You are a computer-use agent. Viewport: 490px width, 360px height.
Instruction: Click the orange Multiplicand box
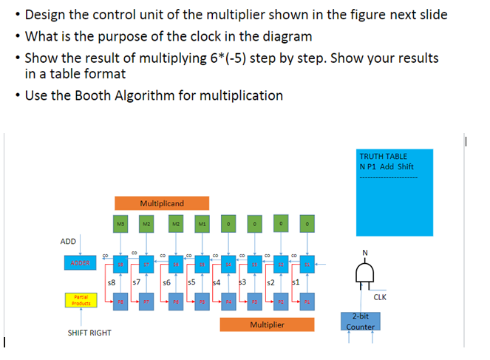click(x=162, y=203)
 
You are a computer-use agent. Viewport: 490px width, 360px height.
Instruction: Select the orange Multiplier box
click(x=267, y=325)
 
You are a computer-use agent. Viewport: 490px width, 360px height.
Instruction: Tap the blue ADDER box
click(x=81, y=263)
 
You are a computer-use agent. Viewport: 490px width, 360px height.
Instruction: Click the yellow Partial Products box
click(x=81, y=302)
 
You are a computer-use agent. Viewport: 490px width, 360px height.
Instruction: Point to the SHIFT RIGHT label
click(x=89, y=333)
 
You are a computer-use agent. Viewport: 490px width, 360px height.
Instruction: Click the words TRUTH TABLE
click(x=383, y=156)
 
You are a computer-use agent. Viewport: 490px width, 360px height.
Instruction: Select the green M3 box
click(x=120, y=222)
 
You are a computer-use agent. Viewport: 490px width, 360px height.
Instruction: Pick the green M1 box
click(x=202, y=222)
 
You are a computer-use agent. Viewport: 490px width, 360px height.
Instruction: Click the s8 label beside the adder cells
click(x=112, y=282)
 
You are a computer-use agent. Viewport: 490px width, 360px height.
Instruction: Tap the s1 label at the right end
click(x=296, y=282)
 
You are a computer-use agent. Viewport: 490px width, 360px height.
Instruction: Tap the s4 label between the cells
click(x=217, y=282)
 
